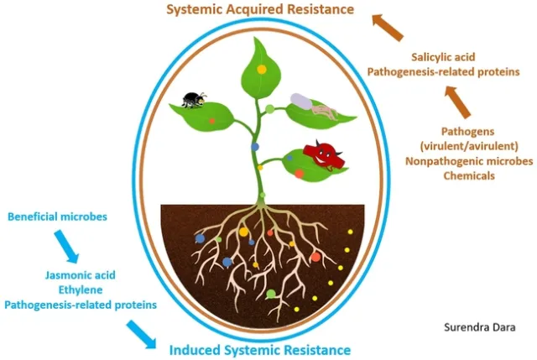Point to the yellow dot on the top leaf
click(x=262, y=68)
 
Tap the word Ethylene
click(x=82, y=290)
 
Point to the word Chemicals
click(x=468, y=175)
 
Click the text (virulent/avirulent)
click(x=468, y=145)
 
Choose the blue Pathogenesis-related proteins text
click(x=81, y=305)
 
